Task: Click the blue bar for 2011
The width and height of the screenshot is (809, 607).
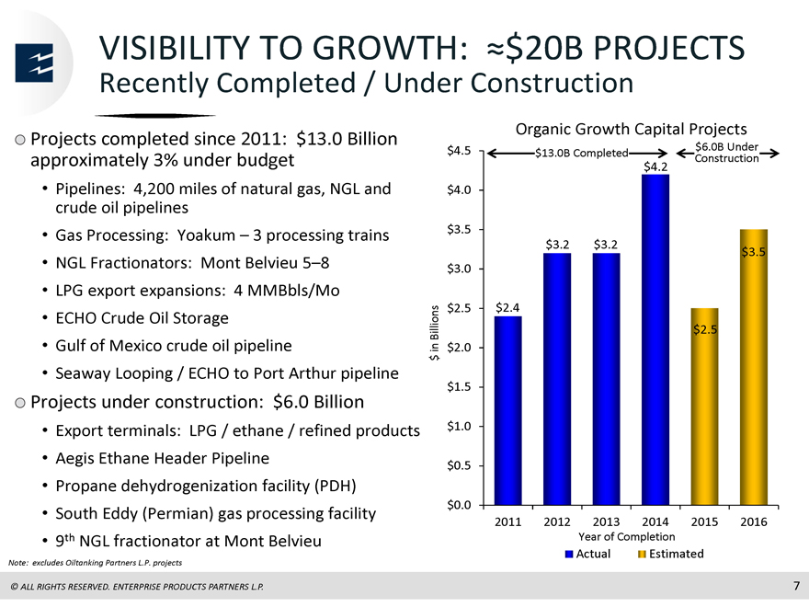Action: click(507, 410)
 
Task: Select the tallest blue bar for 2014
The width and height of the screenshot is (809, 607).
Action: click(655, 339)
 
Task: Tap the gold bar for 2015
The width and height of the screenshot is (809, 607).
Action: click(704, 407)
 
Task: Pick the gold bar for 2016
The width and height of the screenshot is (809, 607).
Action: click(753, 367)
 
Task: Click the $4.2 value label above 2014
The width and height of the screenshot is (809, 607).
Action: click(655, 166)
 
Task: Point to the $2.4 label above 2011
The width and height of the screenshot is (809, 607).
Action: click(507, 307)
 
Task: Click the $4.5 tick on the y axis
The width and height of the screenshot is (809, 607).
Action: click(459, 151)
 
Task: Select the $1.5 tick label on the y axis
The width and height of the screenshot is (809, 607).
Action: click(459, 386)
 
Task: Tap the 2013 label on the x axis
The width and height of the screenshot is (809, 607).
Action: click(606, 521)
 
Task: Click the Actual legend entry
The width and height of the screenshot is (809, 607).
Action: click(587, 554)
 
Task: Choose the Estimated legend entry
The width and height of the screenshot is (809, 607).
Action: click(671, 554)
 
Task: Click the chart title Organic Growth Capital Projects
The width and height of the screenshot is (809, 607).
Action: click(631, 129)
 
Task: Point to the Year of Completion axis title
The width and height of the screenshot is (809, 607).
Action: click(626, 537)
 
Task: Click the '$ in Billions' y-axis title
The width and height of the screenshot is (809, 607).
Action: click(435, 333)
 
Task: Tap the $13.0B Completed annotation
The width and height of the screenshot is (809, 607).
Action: click(581, 153)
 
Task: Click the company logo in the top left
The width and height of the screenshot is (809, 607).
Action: click(34, 63)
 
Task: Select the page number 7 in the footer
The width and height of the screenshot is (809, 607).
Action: click(796, 586)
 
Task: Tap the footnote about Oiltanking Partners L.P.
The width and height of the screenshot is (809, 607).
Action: click(95, 563)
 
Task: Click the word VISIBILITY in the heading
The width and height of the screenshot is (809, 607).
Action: click(175, 48)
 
